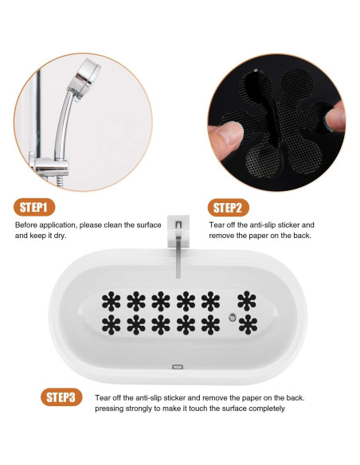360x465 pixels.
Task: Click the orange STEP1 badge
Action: [x=34, y=207]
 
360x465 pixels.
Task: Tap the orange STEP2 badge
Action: [x=228, y=208]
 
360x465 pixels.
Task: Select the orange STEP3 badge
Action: [x=61, y=397]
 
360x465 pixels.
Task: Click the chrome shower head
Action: [x=84, y=78]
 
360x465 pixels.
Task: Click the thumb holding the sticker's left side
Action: [x=225, y=135]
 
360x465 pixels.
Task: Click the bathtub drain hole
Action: [x=233, y=318]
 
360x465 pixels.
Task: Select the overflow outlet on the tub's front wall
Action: [x=178, y=367]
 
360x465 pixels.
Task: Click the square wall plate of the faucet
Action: [x=178, y=232]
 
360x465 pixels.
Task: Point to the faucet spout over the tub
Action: [x=178, y=255]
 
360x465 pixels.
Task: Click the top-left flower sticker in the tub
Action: [x=112, y=301]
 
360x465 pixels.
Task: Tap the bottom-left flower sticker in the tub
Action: [x=112, y=325]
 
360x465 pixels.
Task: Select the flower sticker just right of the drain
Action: [x=248, y=325]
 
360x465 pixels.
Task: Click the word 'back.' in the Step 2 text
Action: [x=303, y=236]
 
